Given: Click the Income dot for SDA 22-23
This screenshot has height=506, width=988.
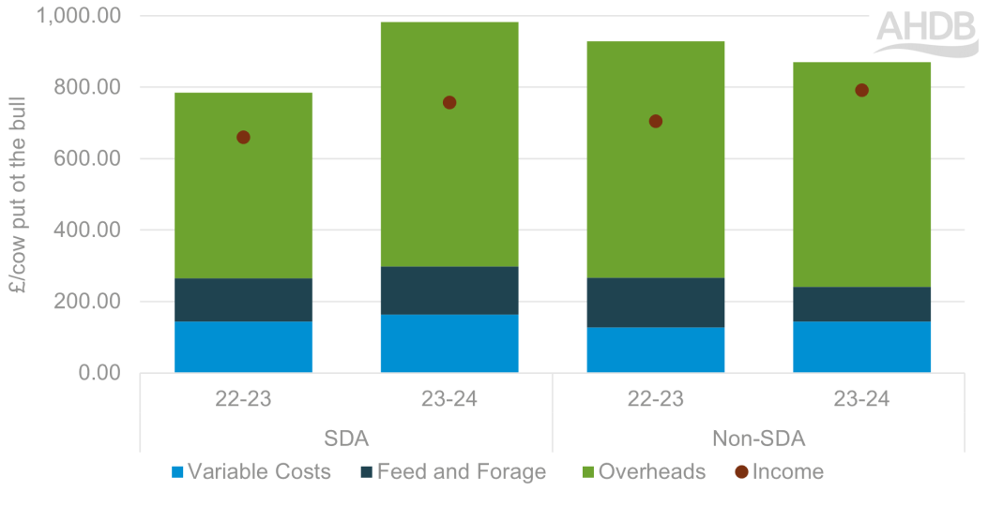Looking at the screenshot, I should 243,138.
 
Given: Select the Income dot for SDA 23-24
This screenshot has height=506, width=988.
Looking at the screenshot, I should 449,103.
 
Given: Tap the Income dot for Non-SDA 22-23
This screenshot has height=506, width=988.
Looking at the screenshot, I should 656,122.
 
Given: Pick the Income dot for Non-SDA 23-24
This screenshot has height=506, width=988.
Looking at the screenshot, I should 861,91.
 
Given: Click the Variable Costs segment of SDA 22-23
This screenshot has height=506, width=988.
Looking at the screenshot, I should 243,347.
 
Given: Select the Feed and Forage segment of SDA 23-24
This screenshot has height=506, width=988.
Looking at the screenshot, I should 449,290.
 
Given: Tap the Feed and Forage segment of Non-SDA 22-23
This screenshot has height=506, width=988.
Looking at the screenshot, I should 656,302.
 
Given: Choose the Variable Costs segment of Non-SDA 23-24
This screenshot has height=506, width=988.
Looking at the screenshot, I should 861,347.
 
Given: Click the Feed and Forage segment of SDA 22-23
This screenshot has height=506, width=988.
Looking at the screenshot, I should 243,300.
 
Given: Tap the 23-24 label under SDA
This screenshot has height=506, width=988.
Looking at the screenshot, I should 449,399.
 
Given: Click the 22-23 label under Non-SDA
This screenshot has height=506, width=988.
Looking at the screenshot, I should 656,399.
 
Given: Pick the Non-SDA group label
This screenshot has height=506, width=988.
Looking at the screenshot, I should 758,438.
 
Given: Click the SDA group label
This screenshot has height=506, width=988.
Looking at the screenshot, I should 346,438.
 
